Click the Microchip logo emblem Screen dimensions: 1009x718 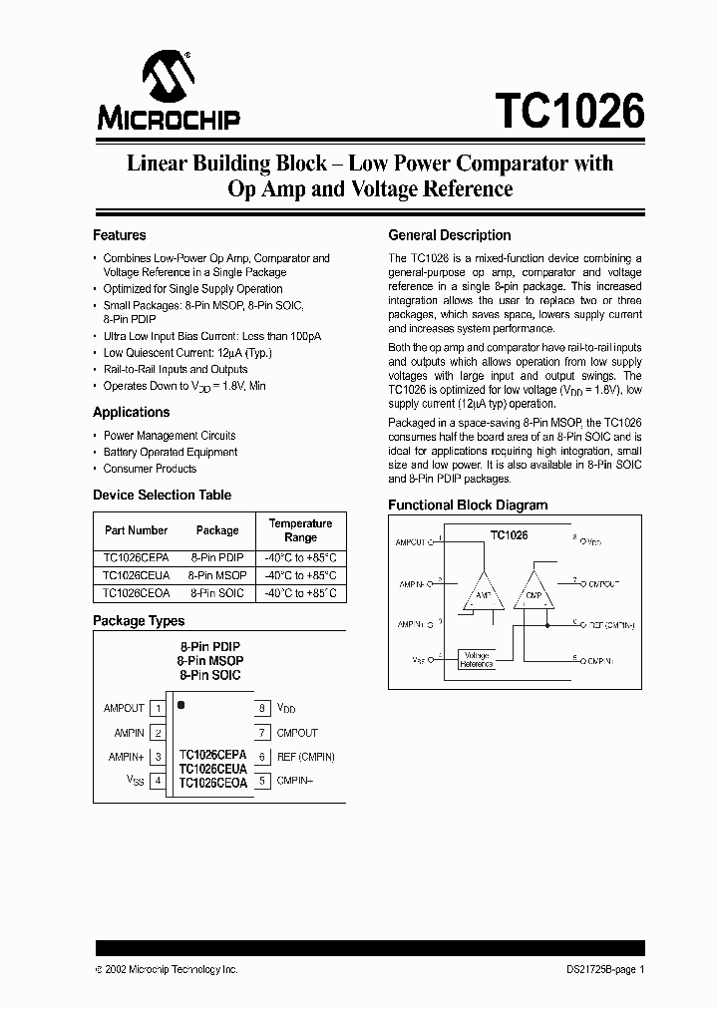point(168,75)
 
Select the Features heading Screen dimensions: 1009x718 point(120,235)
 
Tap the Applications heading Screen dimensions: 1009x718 point(132,412)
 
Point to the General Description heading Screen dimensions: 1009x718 point(449,235)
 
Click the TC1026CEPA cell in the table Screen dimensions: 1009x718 point(136,558)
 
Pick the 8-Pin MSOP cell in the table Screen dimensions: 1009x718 point(216,575)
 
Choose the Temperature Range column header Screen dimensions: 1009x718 point(300,529)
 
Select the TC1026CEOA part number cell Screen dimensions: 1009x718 point(136,592)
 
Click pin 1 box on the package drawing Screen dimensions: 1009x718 point(158,708)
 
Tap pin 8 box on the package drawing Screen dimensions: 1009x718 point(261,708)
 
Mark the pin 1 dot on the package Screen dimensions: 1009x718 point(181,705)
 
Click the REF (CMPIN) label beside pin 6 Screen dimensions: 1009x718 point(305,757)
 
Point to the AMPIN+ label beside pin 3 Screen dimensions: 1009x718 point(127,757)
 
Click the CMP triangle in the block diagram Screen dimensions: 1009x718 point(533,594)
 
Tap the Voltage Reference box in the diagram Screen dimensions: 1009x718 point(477,659)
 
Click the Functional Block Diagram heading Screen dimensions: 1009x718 point(468,504)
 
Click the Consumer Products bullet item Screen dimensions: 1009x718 point(150,469)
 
